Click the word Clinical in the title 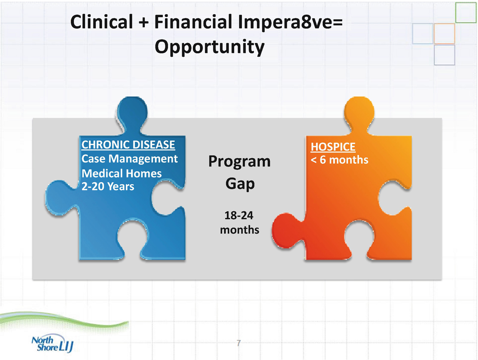pos(101,22)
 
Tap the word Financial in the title pos(193,22)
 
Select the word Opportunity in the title pos(210,47)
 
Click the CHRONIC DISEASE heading pos(128,144)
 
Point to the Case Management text pos(130,159)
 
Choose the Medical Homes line pos(122,173)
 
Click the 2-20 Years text pos(108,186)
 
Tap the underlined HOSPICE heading pos(333,147)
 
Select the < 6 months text pos(339,160)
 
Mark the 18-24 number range pos(239,216)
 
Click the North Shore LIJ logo pos(52,343)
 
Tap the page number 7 pos(239,343)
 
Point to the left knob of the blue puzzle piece pos(61,198)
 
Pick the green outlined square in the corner pos(466,12)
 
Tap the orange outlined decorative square pos(444,34)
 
